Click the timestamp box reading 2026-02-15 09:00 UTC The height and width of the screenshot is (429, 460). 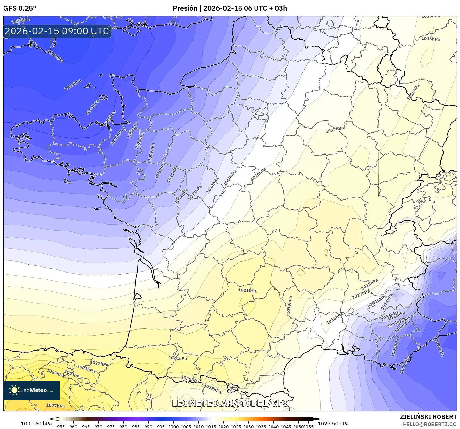(57, 31)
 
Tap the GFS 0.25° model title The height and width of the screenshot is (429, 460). (20, 8)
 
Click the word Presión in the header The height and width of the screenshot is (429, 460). (185, 8)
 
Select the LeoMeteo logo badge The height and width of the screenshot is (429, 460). (31, 390)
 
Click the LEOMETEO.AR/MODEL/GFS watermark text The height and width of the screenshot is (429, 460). (230, 403)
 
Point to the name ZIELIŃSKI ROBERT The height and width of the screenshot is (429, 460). (428, 417)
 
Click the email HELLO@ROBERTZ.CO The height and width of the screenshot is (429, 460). (430, 424)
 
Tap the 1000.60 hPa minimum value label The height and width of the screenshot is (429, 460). (36, 424)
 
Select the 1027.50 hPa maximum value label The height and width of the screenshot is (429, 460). (333, 424)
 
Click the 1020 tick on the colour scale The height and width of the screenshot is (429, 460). (223, 426)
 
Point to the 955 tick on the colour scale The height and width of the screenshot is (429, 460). (61, 426)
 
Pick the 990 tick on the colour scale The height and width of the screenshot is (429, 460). (148, 426)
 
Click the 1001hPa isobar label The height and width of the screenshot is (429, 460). (21, 21)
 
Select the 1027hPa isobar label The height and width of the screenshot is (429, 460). (55, 406)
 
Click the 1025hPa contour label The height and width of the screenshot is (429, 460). (55, 373)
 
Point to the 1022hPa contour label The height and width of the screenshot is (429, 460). (99, 363)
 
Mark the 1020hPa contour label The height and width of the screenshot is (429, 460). (190, 379)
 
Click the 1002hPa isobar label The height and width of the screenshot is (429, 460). (56, 56)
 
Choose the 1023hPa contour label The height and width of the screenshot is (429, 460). (86, 369)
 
